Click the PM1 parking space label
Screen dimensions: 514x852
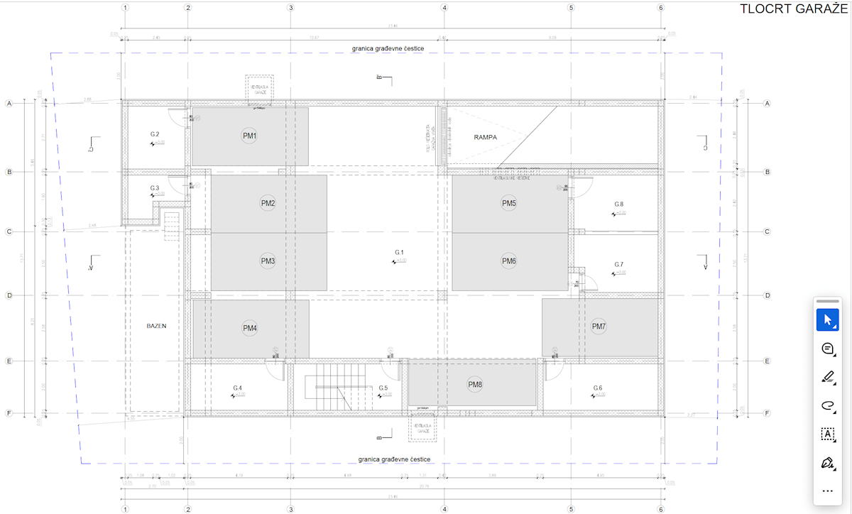point(249,136)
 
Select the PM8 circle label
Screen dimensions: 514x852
point(475,385)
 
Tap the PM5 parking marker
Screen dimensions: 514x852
point(508,204)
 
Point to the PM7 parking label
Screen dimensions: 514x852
point(599,327)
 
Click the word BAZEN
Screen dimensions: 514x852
point(156,327)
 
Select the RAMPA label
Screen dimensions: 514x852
point(485,137)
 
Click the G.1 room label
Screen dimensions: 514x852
point(399,253)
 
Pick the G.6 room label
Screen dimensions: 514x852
point(598,388)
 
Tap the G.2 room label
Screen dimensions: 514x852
point(155,134)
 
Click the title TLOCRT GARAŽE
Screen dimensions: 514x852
point(793,9)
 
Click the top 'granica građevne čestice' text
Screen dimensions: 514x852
point(388,48)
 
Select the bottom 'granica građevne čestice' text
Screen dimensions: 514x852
point(395,459)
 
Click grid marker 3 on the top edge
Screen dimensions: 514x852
point(290,8)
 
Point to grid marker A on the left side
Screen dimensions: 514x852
point(9,104)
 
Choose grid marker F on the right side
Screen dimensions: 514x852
point(767,413)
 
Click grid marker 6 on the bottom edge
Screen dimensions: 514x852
point(661,509)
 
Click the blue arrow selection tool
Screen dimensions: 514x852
point(827,320)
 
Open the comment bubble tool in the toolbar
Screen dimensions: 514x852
point(827,349)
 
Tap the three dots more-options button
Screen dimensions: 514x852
point(827,491)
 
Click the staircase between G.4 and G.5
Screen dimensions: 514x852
point(332,388)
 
